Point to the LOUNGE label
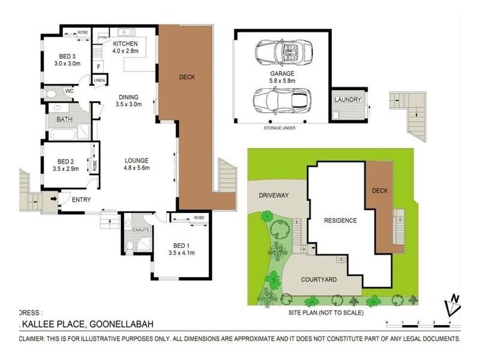click(x=137, y=161)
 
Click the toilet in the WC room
click(x=51, y=94)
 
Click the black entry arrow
click(x=53, y=199)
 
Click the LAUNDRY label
click(x=348, y=100)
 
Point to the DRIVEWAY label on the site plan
click(x=274, y=196)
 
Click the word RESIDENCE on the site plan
click(x=340, y=220)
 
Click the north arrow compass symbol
click(x=453, y=305)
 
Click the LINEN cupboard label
click(x=100, y=80)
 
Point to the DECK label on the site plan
click(x=379, y=191)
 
